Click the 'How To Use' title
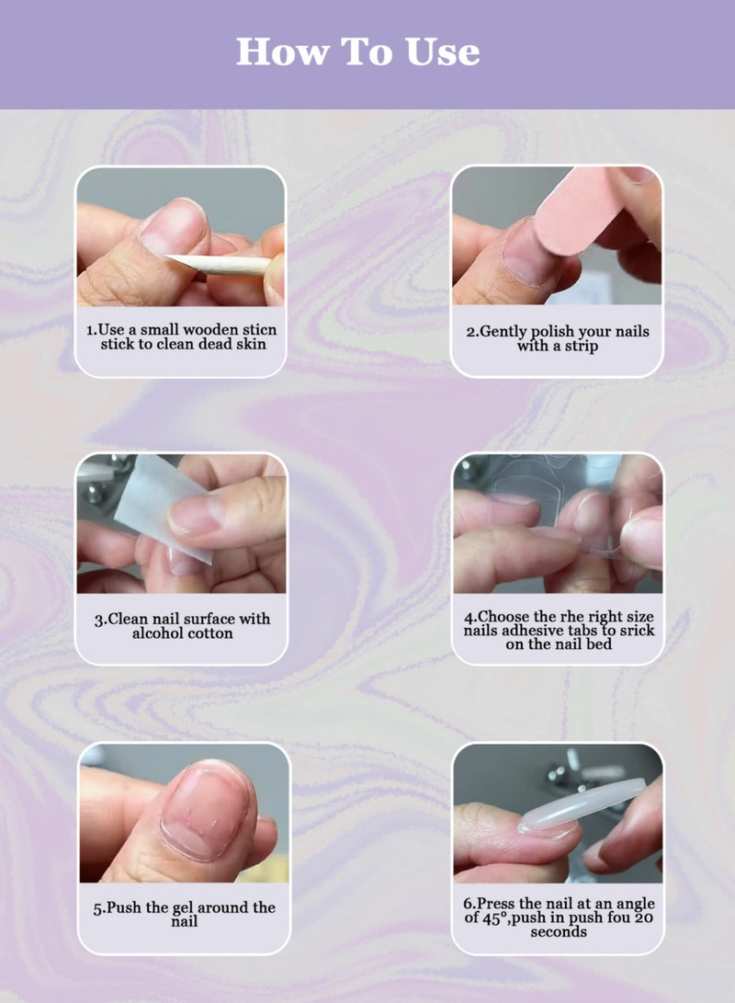click(x=358, y=51)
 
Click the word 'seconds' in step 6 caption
click(x=559, y=931)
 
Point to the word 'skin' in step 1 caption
click(x=249, y=344)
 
